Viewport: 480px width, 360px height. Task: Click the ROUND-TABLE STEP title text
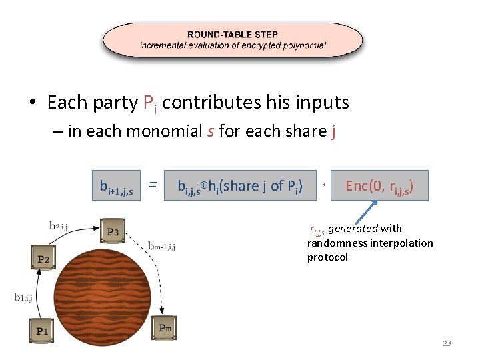click(x=233, y=34)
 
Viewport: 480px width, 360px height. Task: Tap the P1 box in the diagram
click(x=43, y=331)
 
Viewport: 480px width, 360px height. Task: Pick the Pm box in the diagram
click(x=165, y=328)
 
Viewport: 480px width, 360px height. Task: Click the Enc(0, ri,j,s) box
click(x=379, y=185)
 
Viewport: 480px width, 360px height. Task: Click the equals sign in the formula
click(x=153, y=185)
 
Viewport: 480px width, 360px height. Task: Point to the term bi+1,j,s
click(x=116, y=187)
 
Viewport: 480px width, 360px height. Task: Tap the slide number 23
click(x=447, y=343)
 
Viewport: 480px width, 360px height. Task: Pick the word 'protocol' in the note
click(x=327, y=257)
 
